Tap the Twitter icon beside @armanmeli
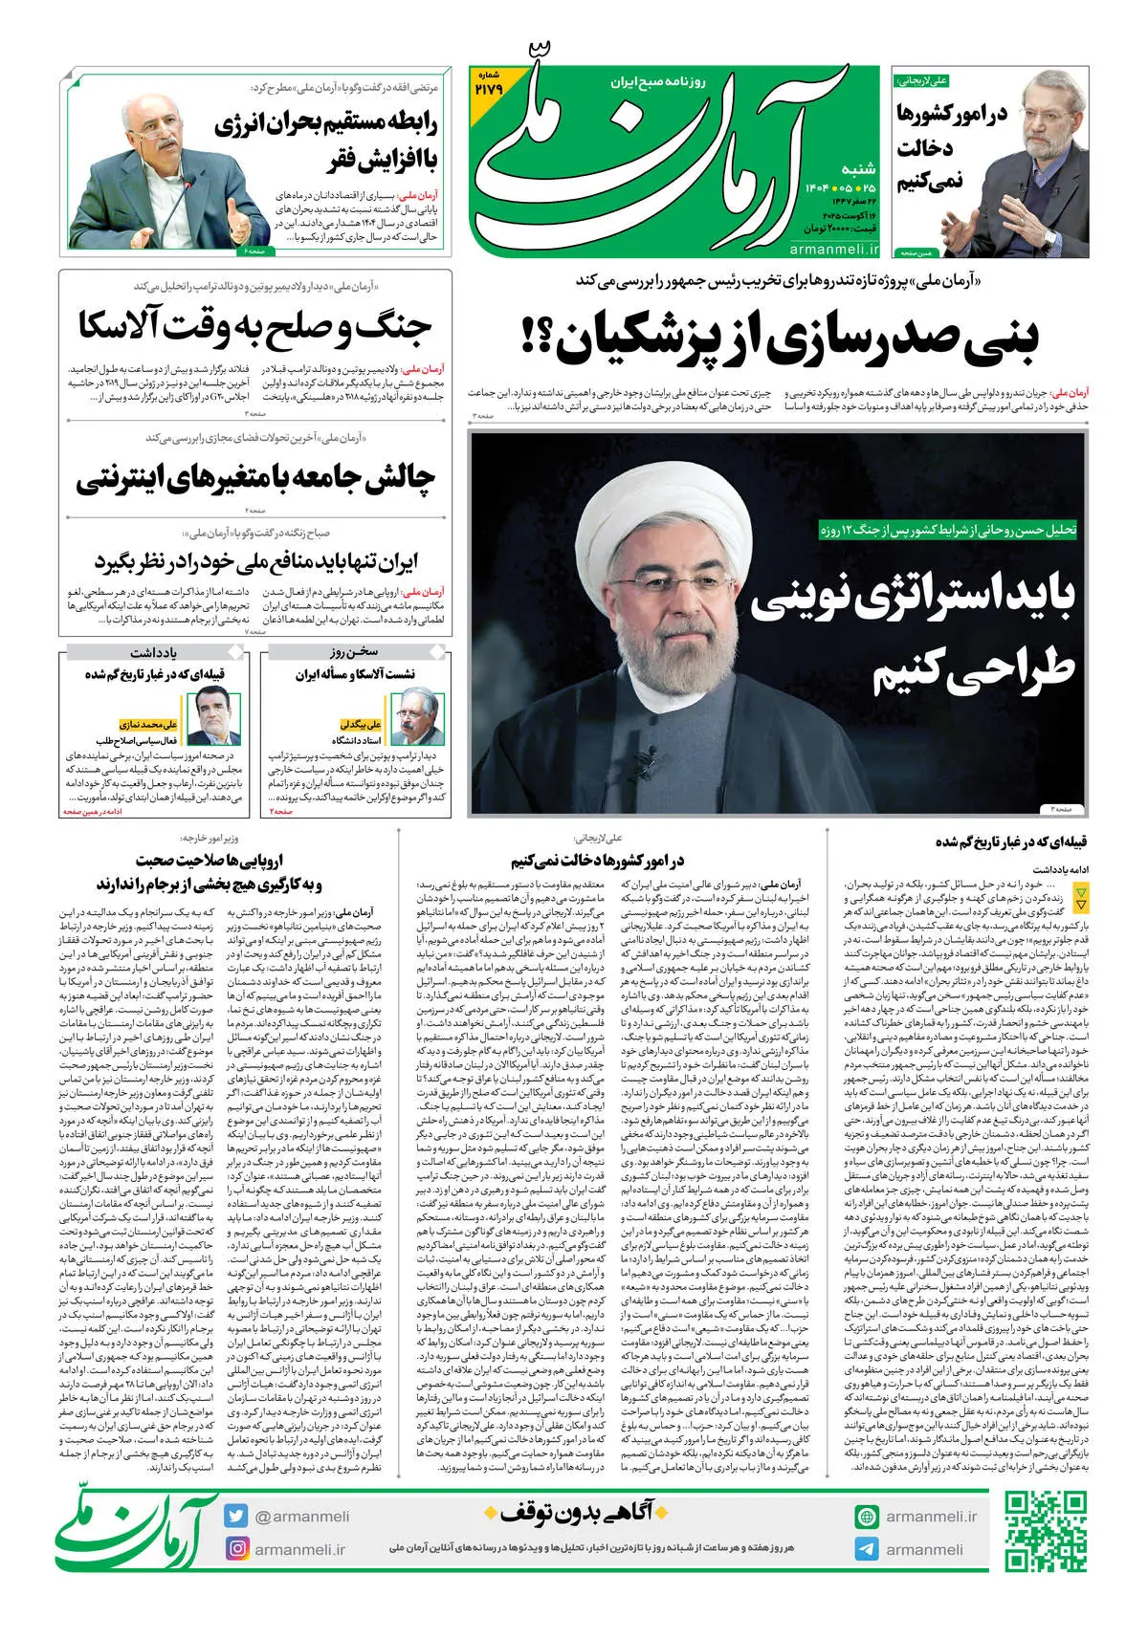click(x=236, y=1516)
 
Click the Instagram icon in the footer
click(x=236, y=1548)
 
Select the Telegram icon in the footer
click(x=867, y=1549)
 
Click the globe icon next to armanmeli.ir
click(x=867, y=1517)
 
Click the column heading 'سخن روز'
click(x=355, y=653)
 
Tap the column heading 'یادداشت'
click(x=153, y=653)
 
